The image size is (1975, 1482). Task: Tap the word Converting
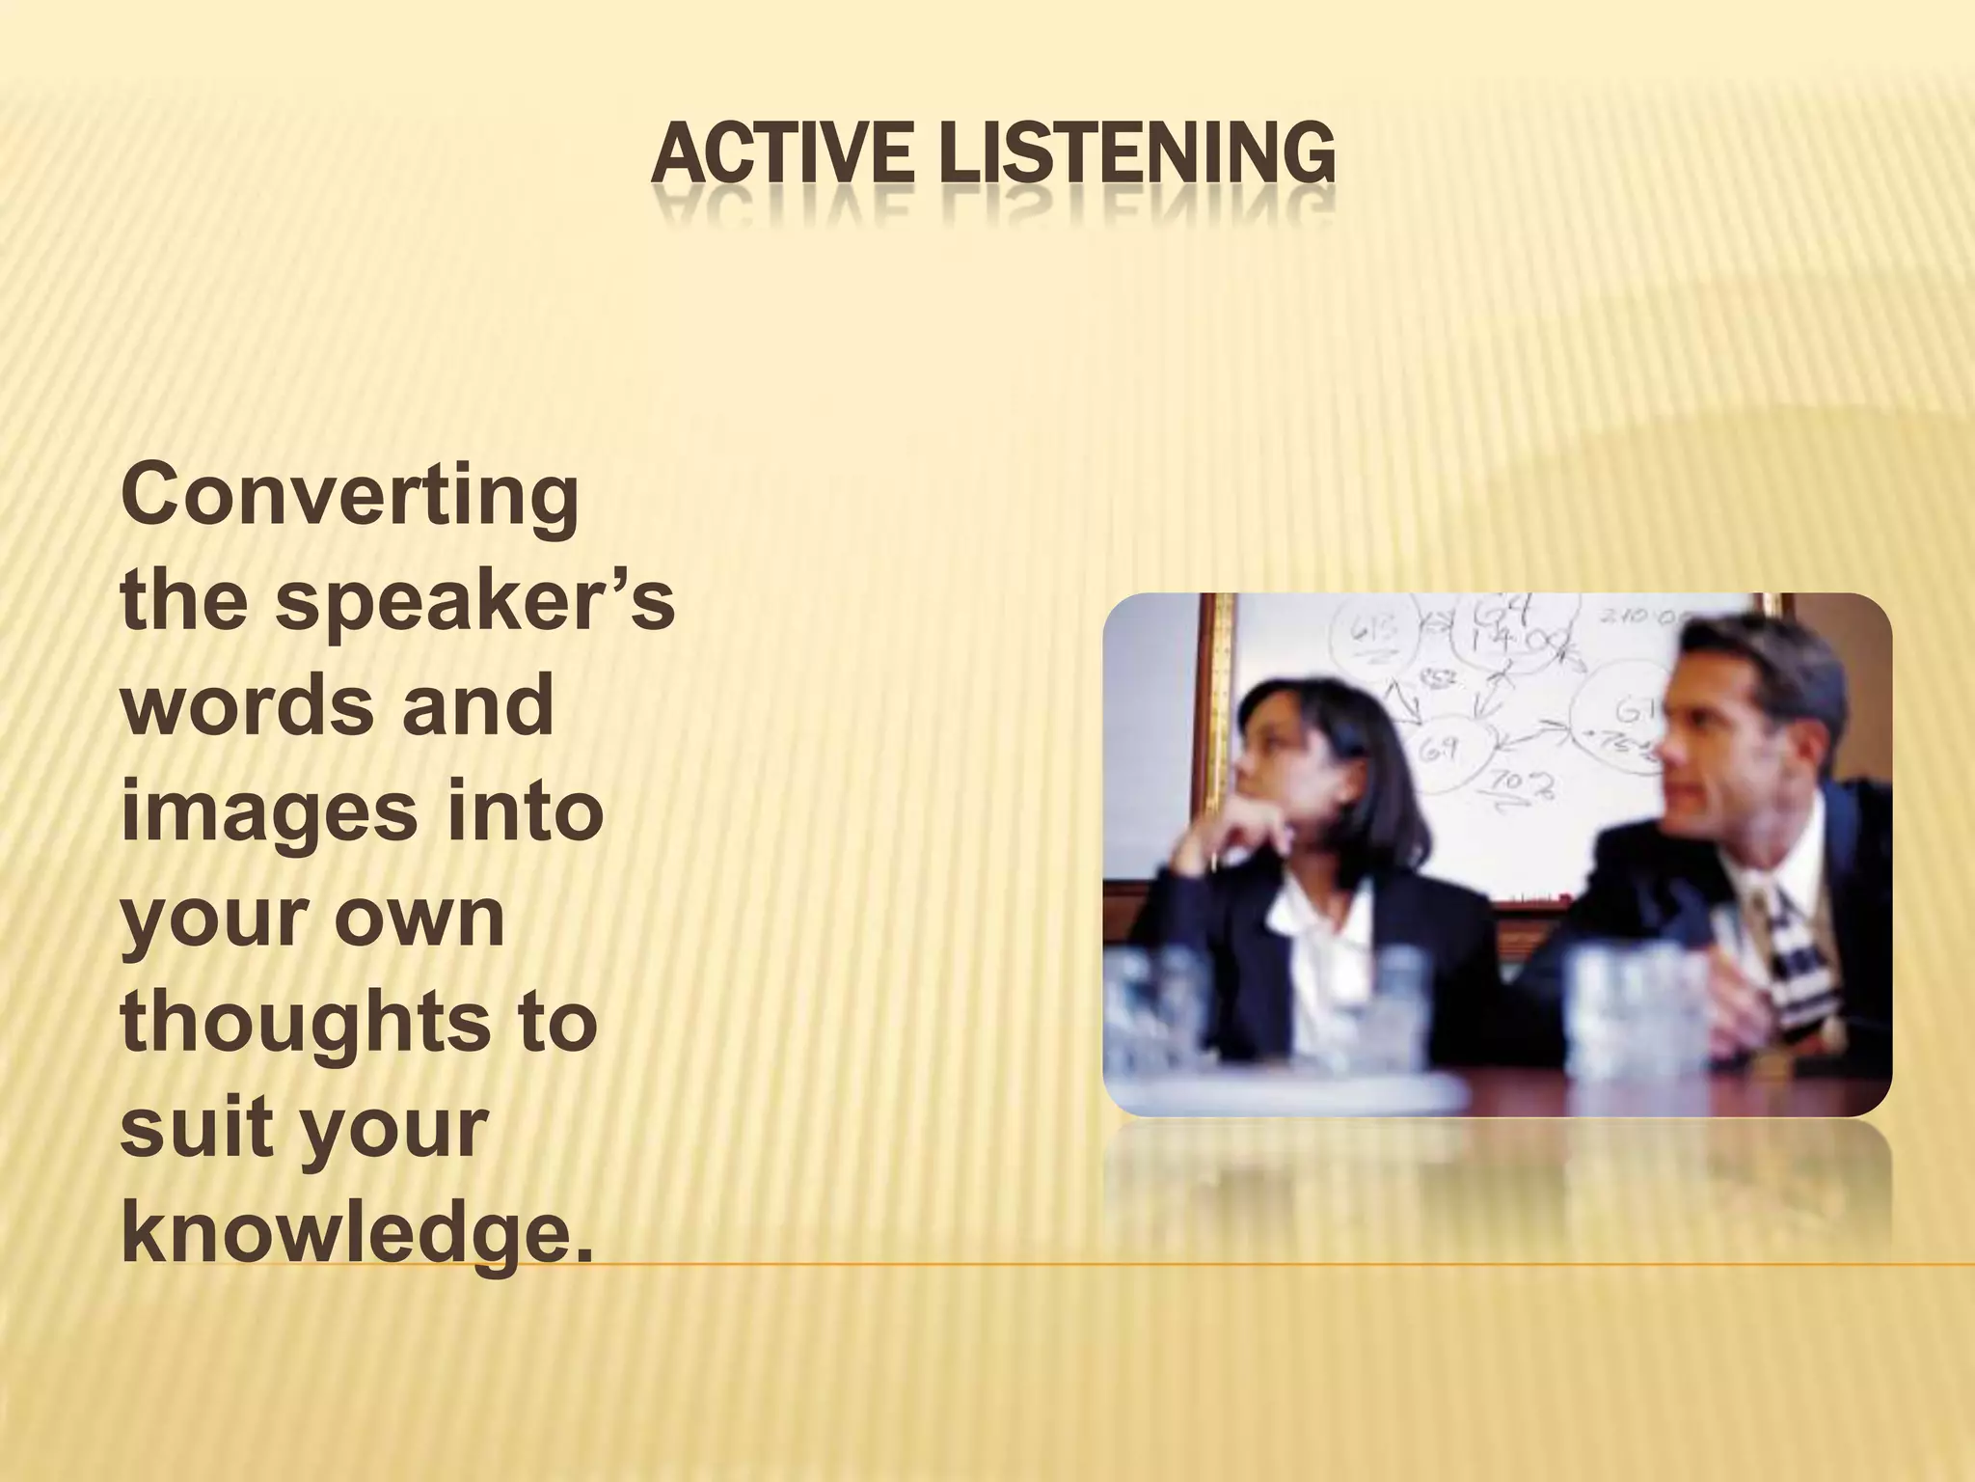click(349, 501)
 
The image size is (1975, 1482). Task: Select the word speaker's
click(474, 606)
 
